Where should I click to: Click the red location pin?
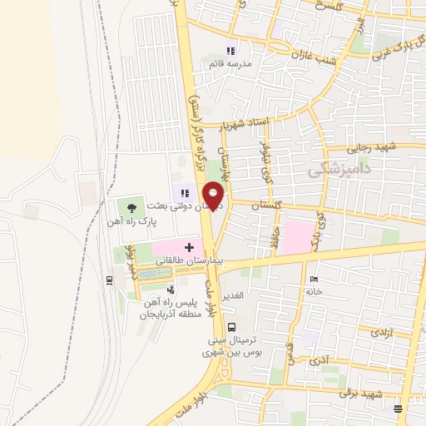(215, 194)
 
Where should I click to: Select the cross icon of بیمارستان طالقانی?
(190, 247)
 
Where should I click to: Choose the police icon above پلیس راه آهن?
(171, 290)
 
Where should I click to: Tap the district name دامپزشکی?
(339, 171)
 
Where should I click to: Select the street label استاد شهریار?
(245, 124)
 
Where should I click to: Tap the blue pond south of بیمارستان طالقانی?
(149, 273)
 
